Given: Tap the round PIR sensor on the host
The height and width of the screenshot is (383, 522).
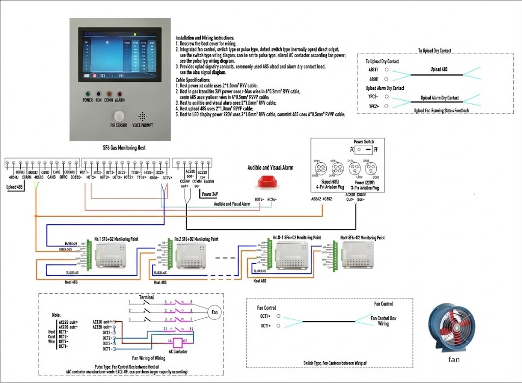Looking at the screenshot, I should [119, 115].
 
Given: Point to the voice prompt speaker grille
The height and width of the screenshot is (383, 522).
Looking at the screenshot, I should [142, 116].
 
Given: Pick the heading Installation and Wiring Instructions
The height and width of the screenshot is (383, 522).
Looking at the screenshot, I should [205, 38].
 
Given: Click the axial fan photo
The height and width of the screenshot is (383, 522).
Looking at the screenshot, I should [452, 327].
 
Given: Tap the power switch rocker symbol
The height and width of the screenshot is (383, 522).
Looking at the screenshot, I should [363, 150].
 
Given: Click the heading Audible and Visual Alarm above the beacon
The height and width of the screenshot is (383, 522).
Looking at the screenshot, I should [271, 167].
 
